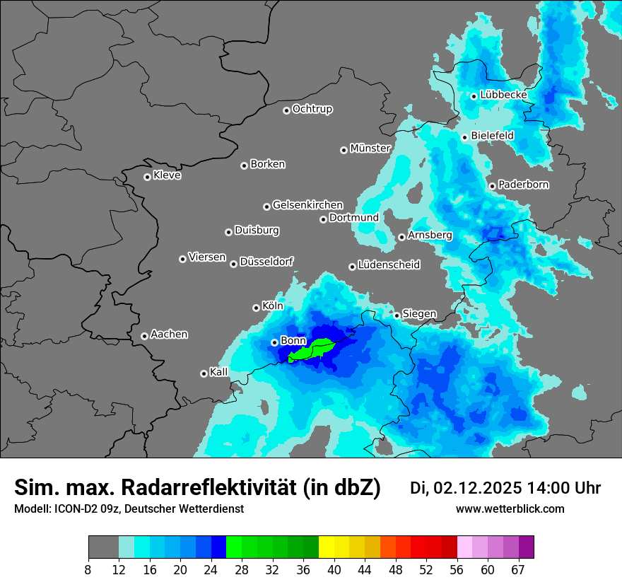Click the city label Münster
pyautogui.click(x=370, y=149)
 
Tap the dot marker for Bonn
pyautogui.click(x=274, y=342)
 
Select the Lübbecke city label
pyautogui.click(x=503, y=95)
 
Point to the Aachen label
pyautogui.click(x=169, y=335)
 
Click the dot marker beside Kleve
pyautogui.click(x=147, y=177)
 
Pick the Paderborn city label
pyautogui.click(x=524, y=185)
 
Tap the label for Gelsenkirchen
pyautogui.click(x=307, y=205)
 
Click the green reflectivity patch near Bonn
pyautogui.click(x=312, y=349)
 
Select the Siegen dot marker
pyautogui.click(x=397, y=315)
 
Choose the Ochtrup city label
pyautogui.click(x=312, y=109)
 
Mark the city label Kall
pyautogui.click(x=219, y=372)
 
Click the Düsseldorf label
pyautogui.click(x=266, y=262)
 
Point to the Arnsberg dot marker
pyautogui.click(x=401, y=237)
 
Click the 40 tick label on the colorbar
pyautogui.click(x=334, y=569)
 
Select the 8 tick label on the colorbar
pyautogui.click(x=88, y=569)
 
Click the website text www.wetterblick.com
pyautogui.click(x=510, y=509)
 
